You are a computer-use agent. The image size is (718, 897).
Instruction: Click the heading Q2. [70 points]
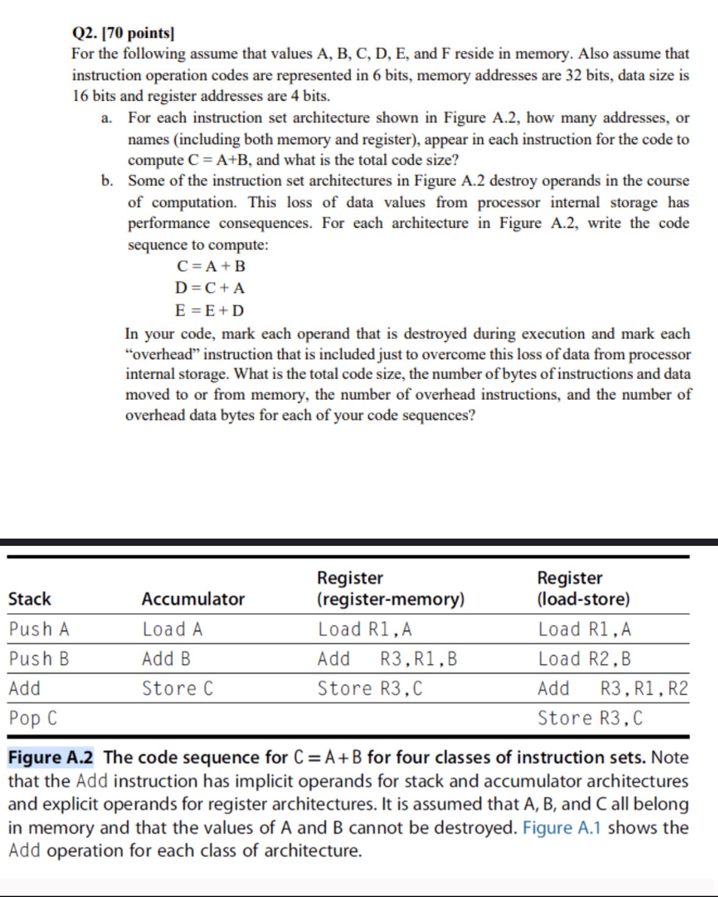pos(123,33)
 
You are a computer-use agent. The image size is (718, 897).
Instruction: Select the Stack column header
pos(30,599)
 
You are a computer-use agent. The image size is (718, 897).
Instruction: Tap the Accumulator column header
pos(193,599)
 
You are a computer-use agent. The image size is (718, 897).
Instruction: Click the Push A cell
pos(39,629)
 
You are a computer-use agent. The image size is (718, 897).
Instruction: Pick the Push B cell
pos(39,659)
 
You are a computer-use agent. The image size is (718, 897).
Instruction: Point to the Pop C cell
pos(33,718)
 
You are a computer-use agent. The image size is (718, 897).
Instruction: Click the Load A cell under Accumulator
pos(172,629)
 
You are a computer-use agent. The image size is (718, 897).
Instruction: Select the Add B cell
pos(166,659)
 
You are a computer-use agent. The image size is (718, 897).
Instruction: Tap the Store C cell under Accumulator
pos(178,689)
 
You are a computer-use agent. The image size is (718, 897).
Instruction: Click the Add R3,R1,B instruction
pos(387,659)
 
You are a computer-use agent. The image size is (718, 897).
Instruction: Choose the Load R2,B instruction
pos(584,659)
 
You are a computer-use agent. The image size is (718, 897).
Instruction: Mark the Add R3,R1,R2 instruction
pos(612,689)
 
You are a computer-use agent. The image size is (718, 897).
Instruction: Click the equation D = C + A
pos(209,288)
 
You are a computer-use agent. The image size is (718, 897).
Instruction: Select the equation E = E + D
pos(209,310)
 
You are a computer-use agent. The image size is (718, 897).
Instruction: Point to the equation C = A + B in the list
pos(211,266)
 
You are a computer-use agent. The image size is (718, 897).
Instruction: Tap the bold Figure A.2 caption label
pos(51,758)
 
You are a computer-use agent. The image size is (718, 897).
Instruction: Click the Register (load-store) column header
pos(583,588)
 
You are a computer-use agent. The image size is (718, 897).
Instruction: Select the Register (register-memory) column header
pos(390,588)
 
